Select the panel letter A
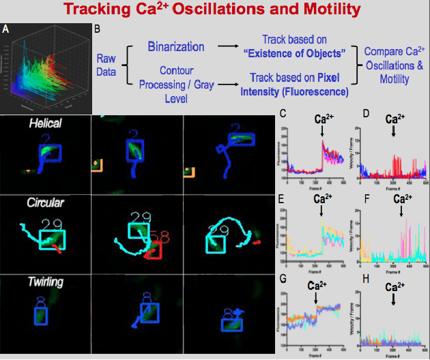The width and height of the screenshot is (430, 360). pyautogui.click(x=6, y=29)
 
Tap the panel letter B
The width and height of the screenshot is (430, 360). pyautogui.click(x=97, y=29)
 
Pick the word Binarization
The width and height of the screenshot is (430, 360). pyautogui.click(x=176, y=47)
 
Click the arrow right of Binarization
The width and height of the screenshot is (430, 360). pyautogui.click(x=229, y=48)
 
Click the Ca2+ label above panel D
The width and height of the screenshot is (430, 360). pyautogui.click(x=394, y=118)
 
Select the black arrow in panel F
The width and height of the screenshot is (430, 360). pyautogui.click(x=402, y=213)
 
